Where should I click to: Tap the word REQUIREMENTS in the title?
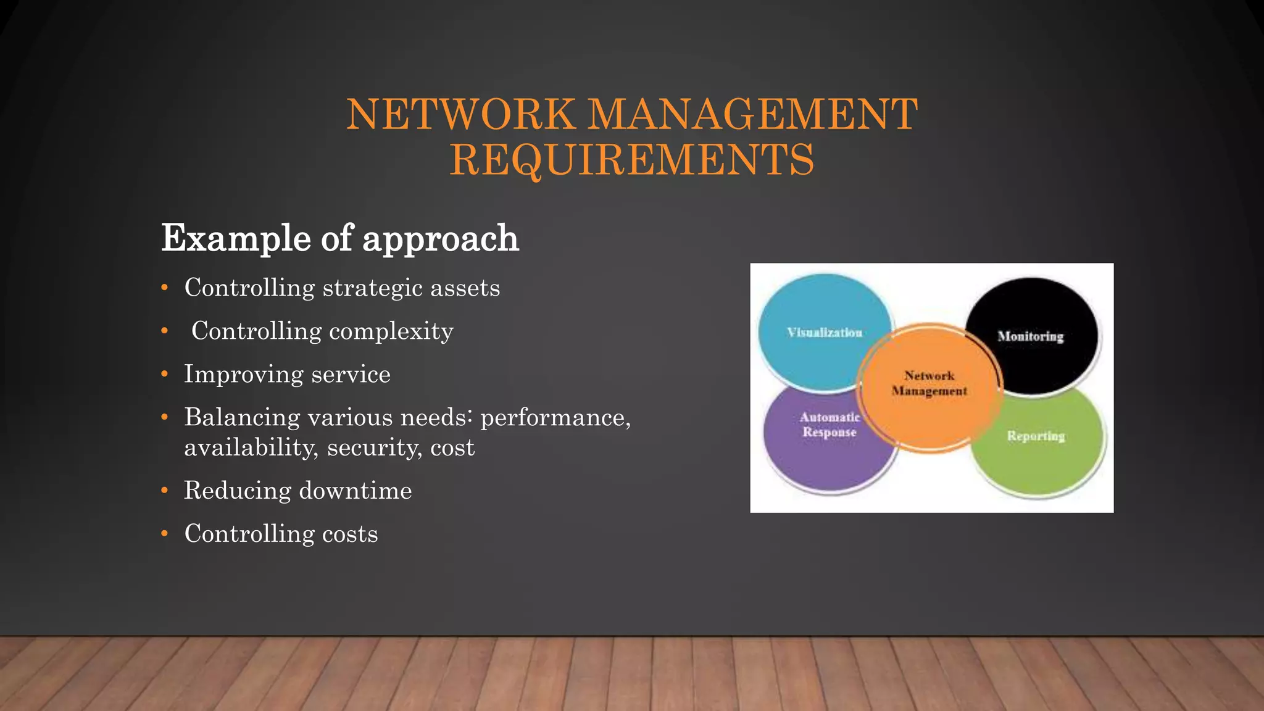click(x=632, y=159)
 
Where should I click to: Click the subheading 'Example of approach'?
click(x=339, y=238)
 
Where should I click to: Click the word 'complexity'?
click(x=391, y=331)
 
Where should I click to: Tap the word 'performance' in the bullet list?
click(x=555, y=418)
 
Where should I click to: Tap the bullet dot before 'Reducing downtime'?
click(x=164, y=491)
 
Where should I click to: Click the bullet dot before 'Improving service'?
click(x=164, y=375)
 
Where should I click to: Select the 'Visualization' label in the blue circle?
click(x=825, y=333)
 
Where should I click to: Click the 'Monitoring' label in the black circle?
click(x=1031, y=336)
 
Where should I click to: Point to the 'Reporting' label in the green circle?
click(x=1036, y=436)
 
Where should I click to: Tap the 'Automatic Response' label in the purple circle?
click(x=829, y=425)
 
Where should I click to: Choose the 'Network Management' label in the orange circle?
click(x=929, y=383)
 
